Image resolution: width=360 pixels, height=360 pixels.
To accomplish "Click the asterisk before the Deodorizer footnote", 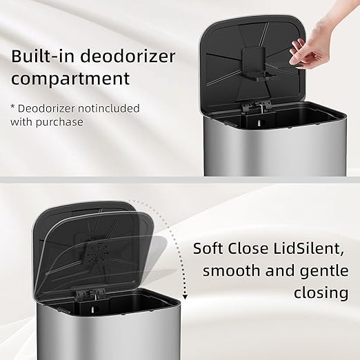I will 14,108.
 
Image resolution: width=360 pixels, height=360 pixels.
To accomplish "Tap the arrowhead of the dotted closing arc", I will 186,298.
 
